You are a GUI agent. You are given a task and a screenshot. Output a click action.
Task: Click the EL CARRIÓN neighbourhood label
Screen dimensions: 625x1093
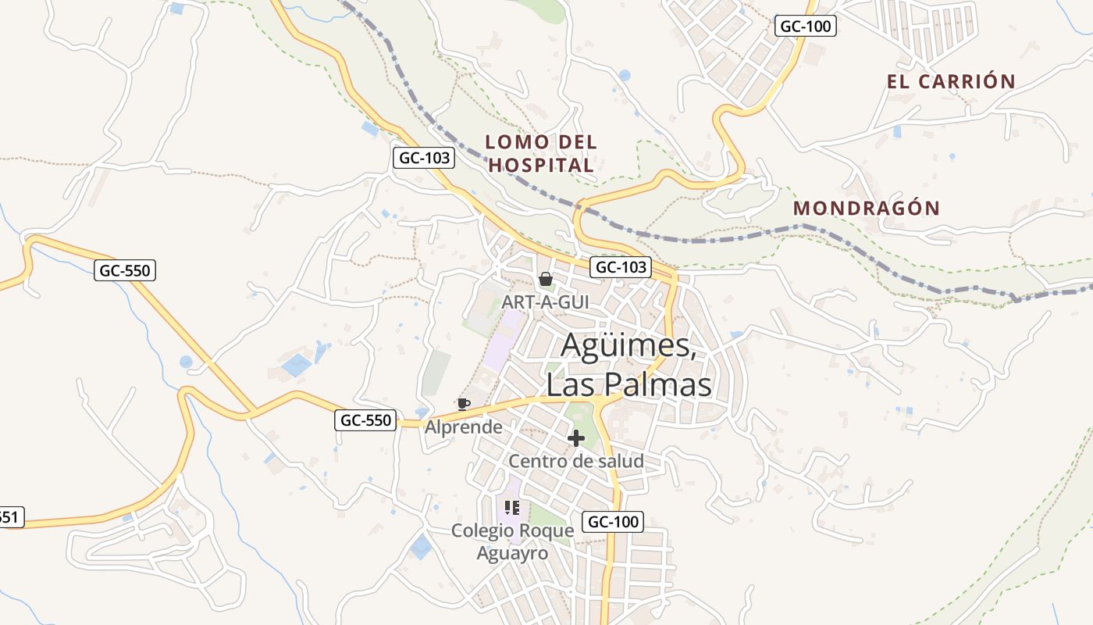point(951,81)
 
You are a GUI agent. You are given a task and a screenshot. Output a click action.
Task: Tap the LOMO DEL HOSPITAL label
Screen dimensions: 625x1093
point(541,153)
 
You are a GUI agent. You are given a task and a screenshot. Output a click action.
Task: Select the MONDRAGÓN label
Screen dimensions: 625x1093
point(867,209)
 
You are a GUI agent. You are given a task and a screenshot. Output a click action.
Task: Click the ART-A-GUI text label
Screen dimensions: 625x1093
point(546,302)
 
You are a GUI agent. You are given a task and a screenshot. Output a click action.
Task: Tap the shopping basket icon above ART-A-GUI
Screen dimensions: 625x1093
point(546,279)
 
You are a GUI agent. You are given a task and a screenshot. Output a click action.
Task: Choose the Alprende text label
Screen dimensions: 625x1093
point(464,427)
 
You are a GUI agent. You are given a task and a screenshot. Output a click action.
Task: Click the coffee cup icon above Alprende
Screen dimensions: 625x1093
point(464,404)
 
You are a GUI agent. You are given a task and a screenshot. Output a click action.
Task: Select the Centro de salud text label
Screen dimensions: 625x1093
point(576,461)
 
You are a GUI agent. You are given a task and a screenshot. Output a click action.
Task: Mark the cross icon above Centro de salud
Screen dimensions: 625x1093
point(576,438)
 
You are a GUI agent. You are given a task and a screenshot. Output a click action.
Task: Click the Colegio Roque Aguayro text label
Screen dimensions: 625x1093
point(512,541)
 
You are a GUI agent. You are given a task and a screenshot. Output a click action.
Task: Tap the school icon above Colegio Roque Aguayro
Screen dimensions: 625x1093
point(512,508)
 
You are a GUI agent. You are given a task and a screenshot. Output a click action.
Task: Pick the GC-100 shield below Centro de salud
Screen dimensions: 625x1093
point(613,522)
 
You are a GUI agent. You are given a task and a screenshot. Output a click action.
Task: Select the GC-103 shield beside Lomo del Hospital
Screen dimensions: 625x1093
point(423,158)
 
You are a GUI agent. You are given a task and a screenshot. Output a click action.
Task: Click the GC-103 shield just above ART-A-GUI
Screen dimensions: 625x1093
point(620,267)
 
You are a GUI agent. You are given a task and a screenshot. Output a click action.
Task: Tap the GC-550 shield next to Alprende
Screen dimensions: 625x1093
point(366,420)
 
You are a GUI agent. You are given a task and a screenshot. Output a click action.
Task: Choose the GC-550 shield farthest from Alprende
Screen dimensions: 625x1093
point(126,271)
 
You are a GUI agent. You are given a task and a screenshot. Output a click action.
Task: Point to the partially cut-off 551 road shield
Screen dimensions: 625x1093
point(10,516)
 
